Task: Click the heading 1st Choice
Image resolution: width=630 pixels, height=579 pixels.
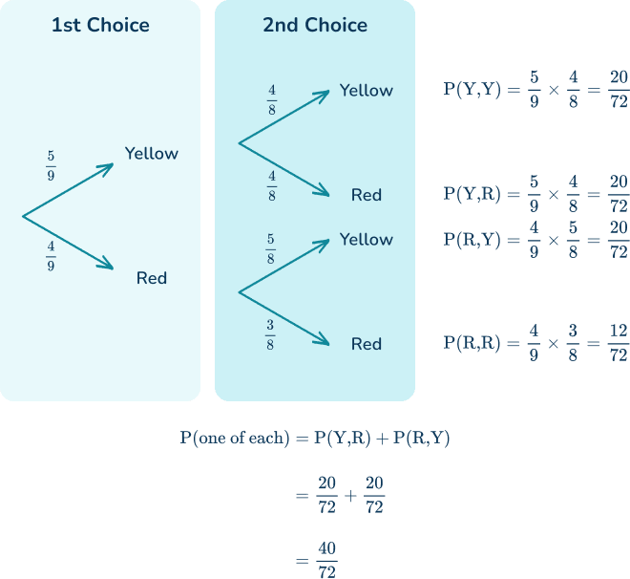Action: coord(100,25)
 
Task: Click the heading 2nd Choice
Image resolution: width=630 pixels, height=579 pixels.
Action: coord(314,25)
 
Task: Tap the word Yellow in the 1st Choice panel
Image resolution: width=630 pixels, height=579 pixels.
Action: coord(151,153)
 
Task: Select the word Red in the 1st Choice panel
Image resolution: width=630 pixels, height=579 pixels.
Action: coord(151,278)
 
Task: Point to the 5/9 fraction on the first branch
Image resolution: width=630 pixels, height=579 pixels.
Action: coord(51,164)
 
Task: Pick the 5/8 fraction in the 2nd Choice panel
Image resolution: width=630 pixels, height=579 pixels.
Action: coord(271,249)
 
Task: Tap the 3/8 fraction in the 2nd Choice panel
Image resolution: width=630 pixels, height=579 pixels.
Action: coord(271,333)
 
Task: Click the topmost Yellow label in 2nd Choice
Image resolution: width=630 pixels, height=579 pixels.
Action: coord(366,91)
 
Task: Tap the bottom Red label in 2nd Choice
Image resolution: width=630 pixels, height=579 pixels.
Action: coord(366,344)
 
